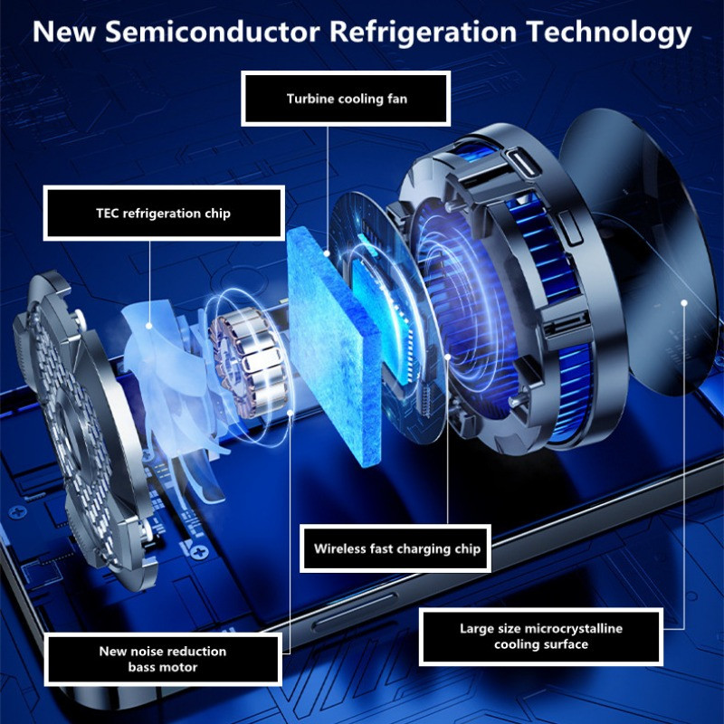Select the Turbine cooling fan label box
click(347, 99)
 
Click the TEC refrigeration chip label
click(164, 213)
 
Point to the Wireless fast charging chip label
click(396, 548)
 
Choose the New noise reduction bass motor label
click(163, 659)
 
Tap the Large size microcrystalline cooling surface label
click(541, 636)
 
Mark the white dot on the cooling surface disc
click(685, 302)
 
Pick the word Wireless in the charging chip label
click(342, 548)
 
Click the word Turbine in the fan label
click(311, 99)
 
